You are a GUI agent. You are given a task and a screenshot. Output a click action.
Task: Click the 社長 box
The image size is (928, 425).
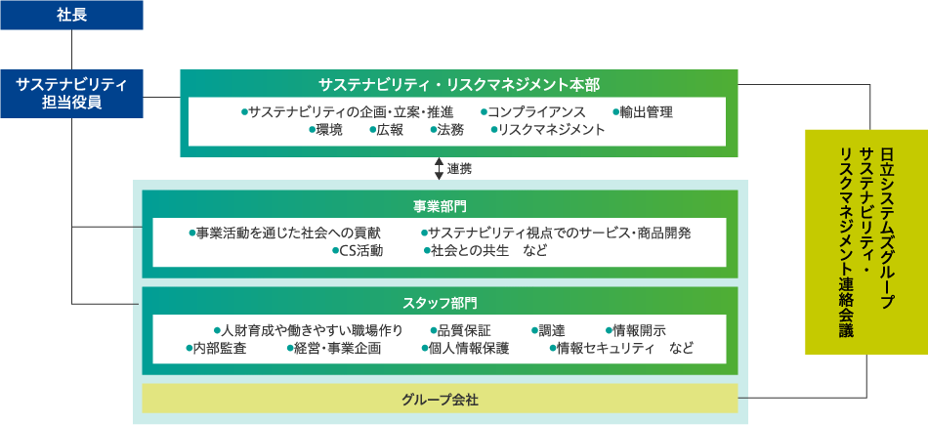[71, 15]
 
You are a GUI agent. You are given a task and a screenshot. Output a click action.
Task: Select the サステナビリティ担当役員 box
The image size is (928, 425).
[71, 94]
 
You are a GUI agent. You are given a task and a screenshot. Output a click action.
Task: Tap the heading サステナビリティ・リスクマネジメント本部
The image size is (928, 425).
[459, 85]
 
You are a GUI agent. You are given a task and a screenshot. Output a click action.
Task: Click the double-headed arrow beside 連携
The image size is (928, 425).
[439, 169]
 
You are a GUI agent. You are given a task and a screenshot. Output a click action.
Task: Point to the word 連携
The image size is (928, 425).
[459, 169]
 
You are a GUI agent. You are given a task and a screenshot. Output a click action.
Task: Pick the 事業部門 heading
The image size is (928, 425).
[440, 206]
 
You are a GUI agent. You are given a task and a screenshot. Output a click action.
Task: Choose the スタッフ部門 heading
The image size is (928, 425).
[440, 304]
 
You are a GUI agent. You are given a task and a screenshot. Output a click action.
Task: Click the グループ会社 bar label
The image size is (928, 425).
[440, 400]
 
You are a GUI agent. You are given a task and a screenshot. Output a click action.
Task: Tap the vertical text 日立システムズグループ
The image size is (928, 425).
[886, 224]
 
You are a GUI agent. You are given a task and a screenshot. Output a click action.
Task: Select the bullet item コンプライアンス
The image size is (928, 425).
[532, 112]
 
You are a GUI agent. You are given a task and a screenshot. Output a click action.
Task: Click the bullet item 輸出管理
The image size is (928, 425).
[643, 112]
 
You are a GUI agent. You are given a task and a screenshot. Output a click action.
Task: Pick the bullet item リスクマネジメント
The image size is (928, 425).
[548, 130]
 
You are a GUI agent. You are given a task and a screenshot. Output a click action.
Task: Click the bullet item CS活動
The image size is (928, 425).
[358, 251]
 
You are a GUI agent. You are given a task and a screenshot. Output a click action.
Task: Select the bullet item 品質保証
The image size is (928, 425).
[460, 330]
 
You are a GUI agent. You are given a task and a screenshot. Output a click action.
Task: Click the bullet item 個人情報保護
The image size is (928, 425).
[465, 349]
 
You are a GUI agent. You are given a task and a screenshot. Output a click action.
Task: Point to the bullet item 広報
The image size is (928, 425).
[386, 130]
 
